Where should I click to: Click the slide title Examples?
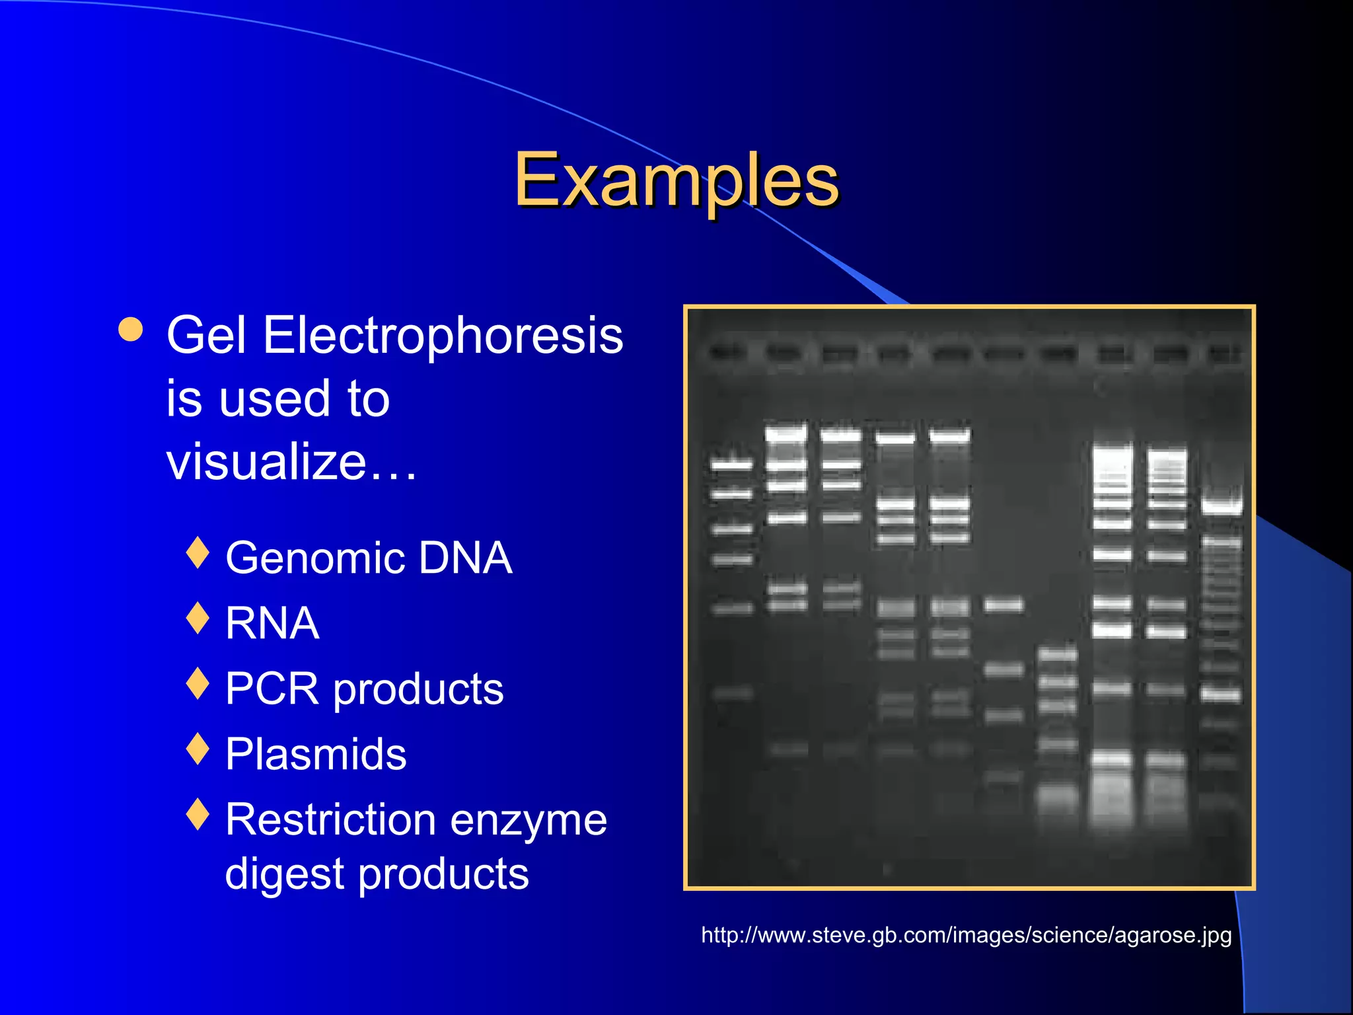(676, 180)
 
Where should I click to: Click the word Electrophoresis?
(443, 336)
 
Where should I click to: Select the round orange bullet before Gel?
(131, 329)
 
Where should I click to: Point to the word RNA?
(272, 623)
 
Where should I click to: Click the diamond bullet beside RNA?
(198, 618)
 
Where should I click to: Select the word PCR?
(272, 689)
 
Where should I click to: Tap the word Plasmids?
(316, 754)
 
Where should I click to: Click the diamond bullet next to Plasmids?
(198, 749)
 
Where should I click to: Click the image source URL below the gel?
(966, 935)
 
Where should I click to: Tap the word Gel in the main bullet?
(206, 336)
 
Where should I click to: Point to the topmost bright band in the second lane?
(786, 434)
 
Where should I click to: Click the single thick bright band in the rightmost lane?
(1222, 507)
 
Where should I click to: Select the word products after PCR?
(418, 690)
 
